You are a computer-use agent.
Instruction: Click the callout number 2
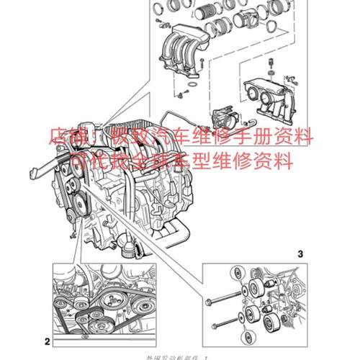[47, 341]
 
